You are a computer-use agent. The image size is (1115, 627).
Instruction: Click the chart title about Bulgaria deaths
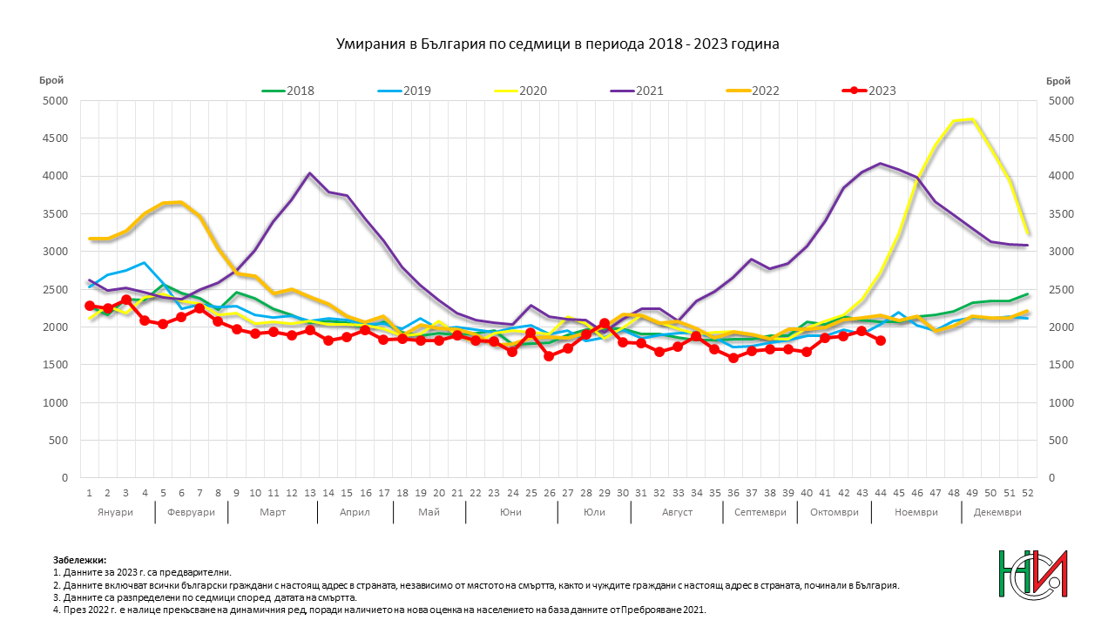tap(557, 44)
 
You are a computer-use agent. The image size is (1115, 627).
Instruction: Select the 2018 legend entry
tap(288, 91)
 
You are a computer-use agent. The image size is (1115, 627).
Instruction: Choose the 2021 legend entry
tap(637, 91)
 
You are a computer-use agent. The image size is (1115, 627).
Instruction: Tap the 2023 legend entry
tap(869, 91)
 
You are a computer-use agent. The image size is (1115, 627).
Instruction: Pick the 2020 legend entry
tap(521, 91)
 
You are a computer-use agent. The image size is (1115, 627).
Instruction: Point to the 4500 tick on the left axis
tap(55, 138)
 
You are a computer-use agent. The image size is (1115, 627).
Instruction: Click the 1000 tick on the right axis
tap(1061, 402)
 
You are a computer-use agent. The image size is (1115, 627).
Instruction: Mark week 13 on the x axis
tap(310, 493)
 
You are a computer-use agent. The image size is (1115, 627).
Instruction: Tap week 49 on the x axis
tap(972, 493)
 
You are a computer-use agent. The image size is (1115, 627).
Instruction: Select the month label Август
tap(677, 513)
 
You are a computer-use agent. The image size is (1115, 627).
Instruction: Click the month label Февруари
tap(191, 513)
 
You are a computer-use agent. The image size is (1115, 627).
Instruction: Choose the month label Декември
tap(997, 513)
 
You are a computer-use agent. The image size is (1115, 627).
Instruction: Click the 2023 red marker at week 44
tap(881, 340)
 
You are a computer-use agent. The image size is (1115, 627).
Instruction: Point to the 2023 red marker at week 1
tap(90, 306)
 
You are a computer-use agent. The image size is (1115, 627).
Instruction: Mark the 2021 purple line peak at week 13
tap(309, 173)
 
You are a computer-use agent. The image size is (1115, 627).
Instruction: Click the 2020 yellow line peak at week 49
tap(972, 119)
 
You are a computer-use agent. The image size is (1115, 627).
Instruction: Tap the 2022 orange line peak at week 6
tap(181, 202)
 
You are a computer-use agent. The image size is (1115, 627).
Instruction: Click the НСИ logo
tap(1033, 574)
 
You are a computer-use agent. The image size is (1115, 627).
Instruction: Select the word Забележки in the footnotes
tap(79, 560)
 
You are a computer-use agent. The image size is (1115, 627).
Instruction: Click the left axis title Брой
tap(51, 81)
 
